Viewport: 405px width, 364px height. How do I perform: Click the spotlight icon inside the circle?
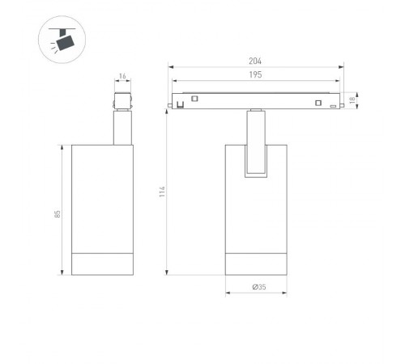click(x=59, y=40)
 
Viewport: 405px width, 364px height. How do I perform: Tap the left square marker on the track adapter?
click(x=194, y=99)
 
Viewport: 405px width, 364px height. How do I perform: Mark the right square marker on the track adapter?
click(x=319, y=103)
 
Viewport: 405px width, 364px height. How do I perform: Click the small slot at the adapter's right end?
click(x=332, y=106)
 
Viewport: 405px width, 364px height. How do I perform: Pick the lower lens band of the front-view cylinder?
click(x=255, y=265)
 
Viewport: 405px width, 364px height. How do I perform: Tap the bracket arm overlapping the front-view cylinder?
click(x=255, y=150)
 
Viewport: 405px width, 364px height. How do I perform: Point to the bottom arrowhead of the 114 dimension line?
click(x=168, y=273)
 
